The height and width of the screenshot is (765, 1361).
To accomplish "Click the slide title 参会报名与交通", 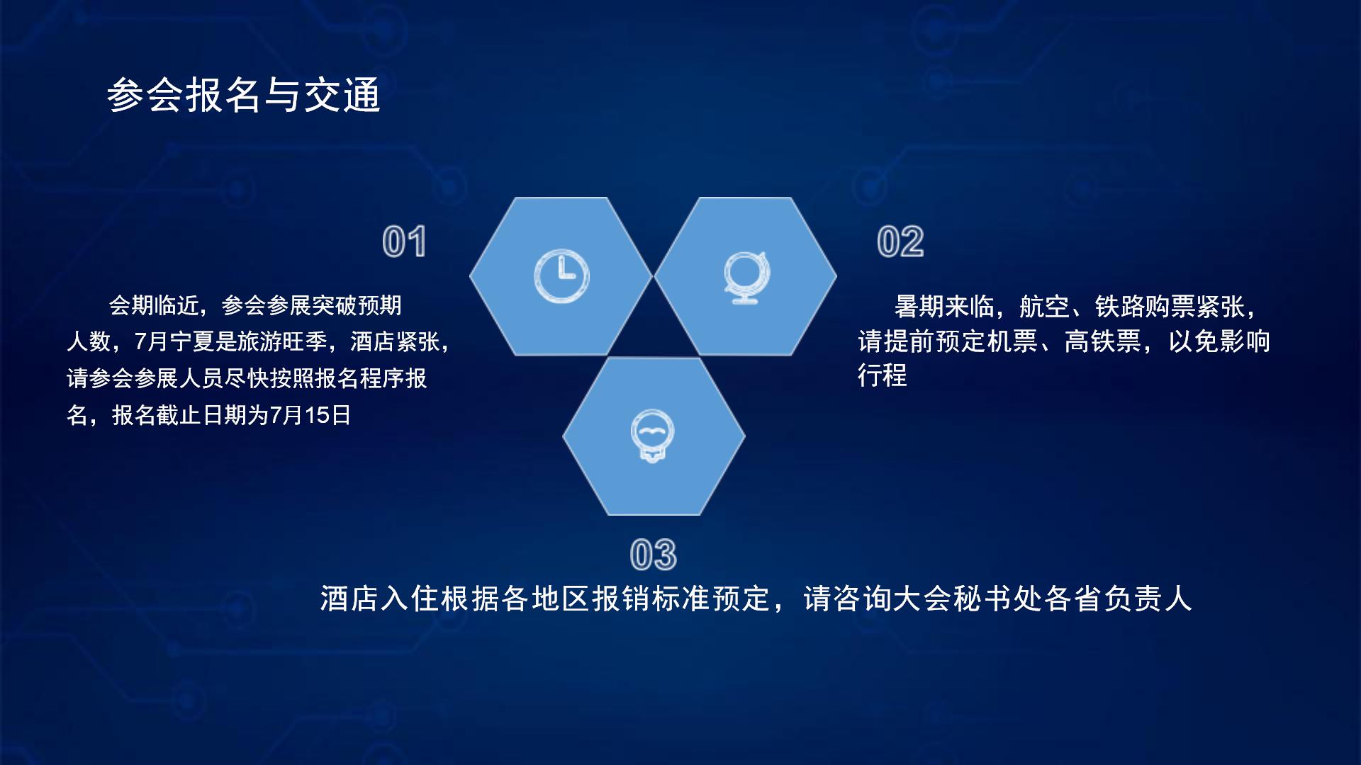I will [243, 95].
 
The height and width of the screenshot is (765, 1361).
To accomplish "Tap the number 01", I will [404, 242].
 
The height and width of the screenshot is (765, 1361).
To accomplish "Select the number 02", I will [900, 242].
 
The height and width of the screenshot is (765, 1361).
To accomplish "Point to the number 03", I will [653, 555].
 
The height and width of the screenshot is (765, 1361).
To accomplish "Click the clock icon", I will [561, 276].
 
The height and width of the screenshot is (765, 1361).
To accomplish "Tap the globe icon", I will [746, 277].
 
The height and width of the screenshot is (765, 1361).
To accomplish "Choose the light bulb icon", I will [652, 436].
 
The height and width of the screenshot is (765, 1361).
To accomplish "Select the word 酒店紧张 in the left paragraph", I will [395, 342].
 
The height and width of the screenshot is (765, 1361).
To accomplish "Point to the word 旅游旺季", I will [282, 342].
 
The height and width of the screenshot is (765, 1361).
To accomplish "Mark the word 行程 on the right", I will [883, 375].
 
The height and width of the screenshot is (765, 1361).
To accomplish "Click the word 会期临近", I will [153, 306].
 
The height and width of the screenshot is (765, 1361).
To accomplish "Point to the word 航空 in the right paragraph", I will [1044, 307].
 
